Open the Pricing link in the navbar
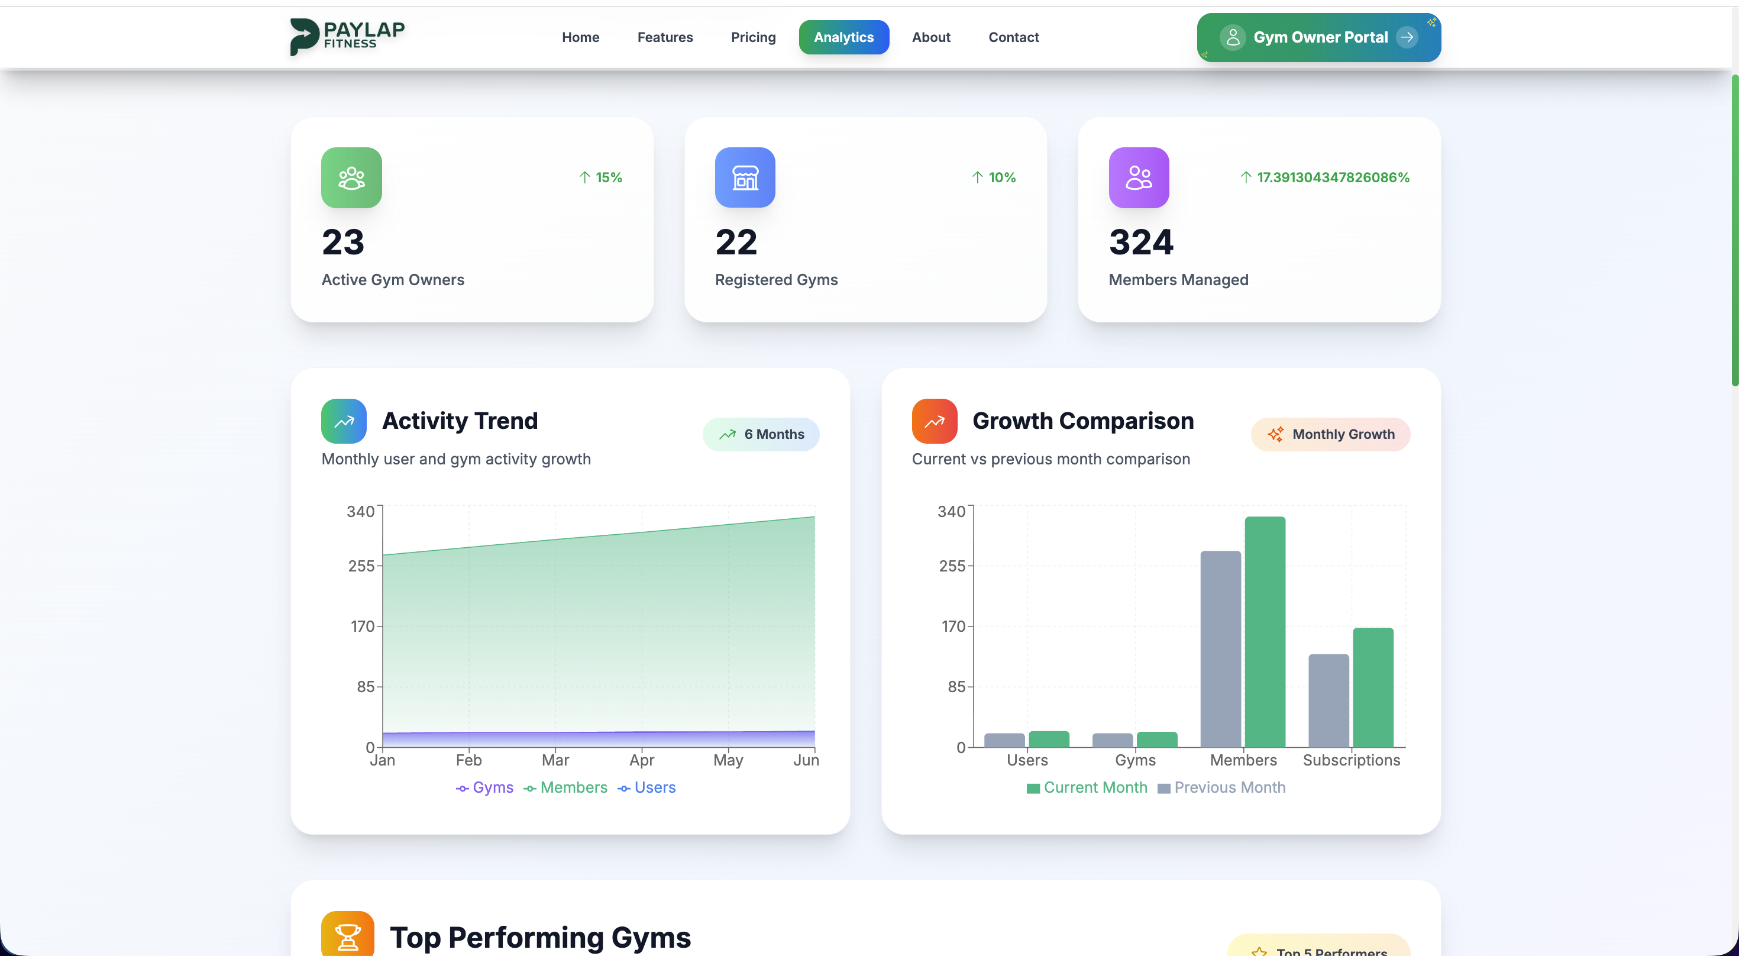tap(753, 37)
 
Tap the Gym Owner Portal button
tap(1318, 37)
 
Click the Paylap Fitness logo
tap(347, 37)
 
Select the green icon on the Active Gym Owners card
tap(351, 177)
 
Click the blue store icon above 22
tap(745, 177)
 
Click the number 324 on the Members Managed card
tap(1141, 243)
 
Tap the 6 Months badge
tap(761, 434)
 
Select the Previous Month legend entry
tap(1221, 787)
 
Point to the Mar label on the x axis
tap(555, 760)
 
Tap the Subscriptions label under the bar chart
tap(1351, 760)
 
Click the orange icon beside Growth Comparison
tap(935, 421)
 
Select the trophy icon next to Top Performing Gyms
tap(347, 935)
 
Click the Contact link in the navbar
tap(1013, 37)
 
